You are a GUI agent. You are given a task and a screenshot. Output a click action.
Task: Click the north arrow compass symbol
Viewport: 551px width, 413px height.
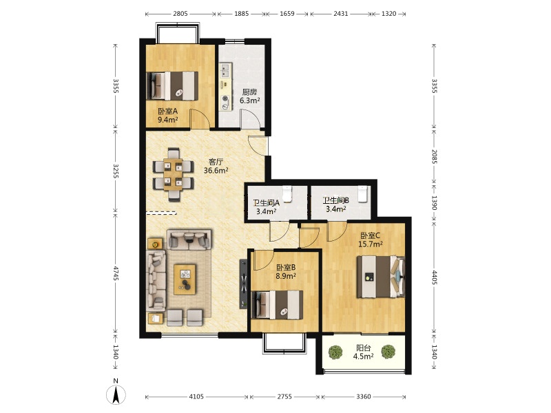click(x=116, y=394)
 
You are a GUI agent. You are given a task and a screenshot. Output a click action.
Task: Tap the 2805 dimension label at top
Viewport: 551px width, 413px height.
click(x=180, y=14)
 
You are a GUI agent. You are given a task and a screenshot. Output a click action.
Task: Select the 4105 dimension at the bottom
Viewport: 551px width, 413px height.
click(x=196, y=396)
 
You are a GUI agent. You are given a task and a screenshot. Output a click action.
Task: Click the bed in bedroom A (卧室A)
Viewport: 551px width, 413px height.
click(x=172, y=85)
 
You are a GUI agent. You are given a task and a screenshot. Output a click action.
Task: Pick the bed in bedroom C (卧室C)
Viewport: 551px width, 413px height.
click(x=381, y=277)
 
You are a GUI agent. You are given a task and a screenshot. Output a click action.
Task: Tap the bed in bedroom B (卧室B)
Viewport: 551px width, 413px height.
click(x=278, y=304)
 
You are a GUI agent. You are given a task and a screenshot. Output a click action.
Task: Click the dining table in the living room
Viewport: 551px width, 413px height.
click(x=173, y=175)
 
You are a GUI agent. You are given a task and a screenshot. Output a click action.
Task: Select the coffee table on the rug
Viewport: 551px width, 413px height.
click(x=185, y=279)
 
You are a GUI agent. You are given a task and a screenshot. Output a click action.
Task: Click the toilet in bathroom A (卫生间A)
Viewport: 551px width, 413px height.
click(x=287, y=194)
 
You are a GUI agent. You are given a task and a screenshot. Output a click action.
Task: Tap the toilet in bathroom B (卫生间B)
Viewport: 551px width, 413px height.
click(x=363, y=194)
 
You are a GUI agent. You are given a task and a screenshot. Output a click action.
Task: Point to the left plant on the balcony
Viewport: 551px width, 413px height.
click(x=335, y=352)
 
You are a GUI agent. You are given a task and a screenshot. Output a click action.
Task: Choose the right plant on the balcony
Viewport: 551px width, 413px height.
click(x=388, y=352)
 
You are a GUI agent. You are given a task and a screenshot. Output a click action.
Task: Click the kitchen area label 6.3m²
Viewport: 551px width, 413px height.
click(x=250, y=100)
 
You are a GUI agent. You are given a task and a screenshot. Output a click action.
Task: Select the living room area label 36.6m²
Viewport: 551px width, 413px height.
click(x=216, y=171)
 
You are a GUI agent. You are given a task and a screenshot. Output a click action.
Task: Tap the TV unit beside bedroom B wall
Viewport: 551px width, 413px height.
click(x=243, y=284)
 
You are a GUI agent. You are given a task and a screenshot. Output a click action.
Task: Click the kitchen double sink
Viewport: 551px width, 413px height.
click(x=225, y=70)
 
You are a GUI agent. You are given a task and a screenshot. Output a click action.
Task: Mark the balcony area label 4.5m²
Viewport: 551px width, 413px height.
click(x=364, y=357)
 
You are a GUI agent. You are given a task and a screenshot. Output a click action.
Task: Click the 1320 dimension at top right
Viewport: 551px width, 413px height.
click(x=388, y=14)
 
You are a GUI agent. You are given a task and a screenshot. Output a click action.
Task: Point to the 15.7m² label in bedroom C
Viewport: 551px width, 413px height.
click(x=371, y=244)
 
